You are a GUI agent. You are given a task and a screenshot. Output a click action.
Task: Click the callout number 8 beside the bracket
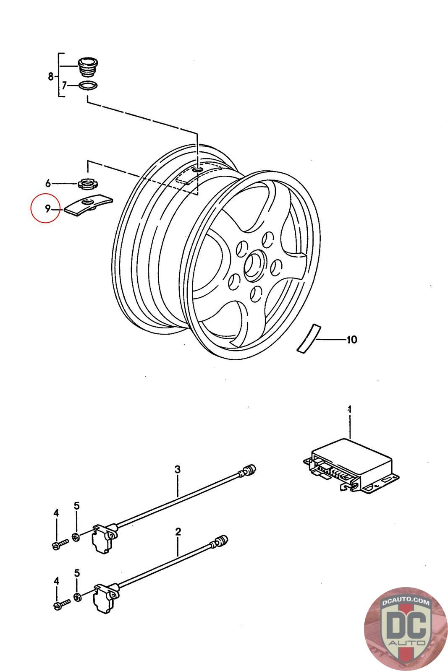pyautogui.click(x=51, y=76)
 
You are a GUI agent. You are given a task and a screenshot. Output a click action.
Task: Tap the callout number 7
pyautogui.click(x=64, y=86)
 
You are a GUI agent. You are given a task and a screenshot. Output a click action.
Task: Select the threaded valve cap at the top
pyautogui.click(x=88, y=68)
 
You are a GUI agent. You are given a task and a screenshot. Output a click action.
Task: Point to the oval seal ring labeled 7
pyautogui.click(x=88, y=86)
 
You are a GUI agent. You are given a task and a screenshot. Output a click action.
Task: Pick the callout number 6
pyautogui.click(x=48, y=183)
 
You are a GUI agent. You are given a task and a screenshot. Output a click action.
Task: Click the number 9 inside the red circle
pyautogui.click(x=47, y=208)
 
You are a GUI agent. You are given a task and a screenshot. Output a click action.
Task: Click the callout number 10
pyautogui.click(x=352, y=340)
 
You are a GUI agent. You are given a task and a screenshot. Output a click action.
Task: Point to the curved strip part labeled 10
pyautogui.click(x=309, y=338)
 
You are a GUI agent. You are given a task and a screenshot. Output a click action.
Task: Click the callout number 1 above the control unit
pyautogui.click(x=349, y=409)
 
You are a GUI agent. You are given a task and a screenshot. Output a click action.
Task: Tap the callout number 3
pyautogui.click(x=178, y=469)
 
